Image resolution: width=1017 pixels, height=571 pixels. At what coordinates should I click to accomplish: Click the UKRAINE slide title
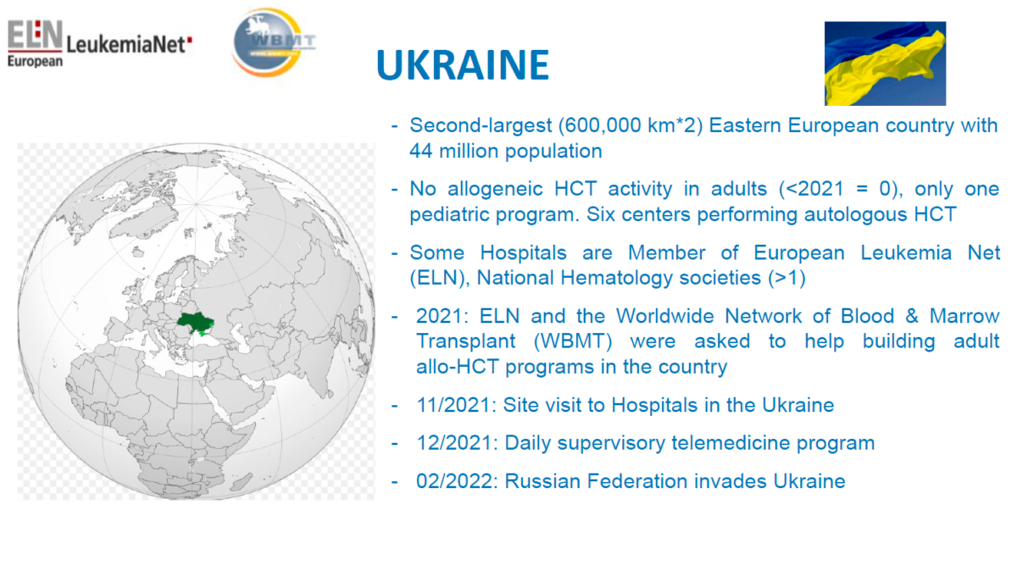463,65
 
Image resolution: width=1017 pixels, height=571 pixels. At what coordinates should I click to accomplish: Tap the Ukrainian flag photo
885,64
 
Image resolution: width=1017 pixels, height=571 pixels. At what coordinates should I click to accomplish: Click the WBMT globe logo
272,42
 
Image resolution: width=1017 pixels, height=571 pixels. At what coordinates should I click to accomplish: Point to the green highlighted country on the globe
195,323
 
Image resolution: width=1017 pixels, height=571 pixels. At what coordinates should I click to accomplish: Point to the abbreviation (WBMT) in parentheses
573,341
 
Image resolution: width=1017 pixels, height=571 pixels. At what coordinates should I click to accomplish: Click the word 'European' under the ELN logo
35,61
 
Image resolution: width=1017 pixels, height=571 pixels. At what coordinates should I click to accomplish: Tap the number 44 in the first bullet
421,151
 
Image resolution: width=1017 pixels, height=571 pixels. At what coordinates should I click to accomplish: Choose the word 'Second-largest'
481,125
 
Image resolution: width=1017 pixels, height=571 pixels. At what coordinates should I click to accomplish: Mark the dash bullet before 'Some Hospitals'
395,252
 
